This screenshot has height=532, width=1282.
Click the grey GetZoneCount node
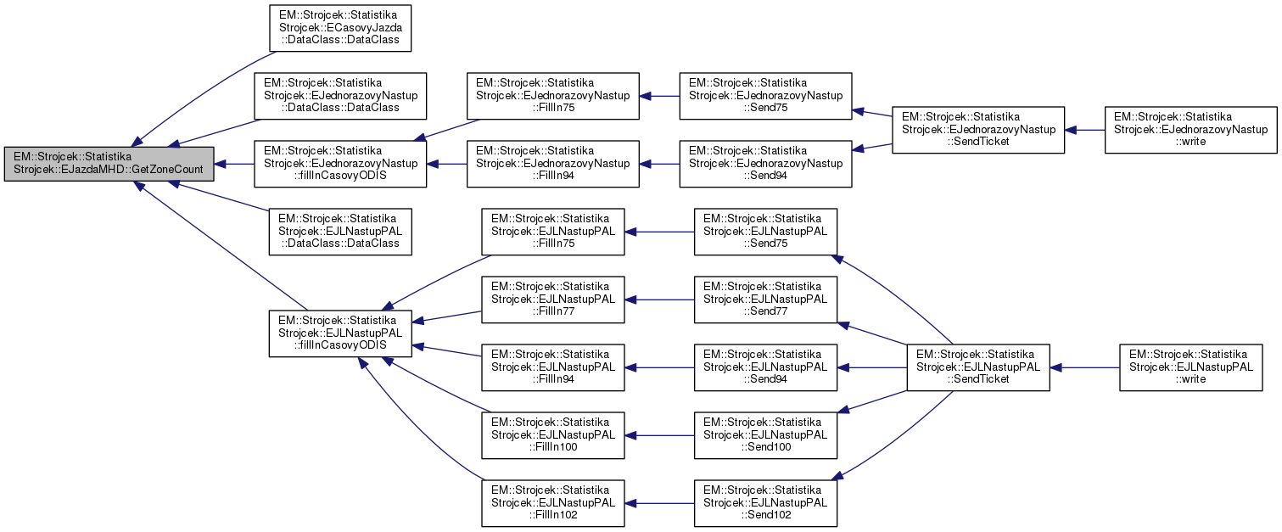click(x=109, y=164)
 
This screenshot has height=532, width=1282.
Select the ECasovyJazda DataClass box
click(x=339, y=28)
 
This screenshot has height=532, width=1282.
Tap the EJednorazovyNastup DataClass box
click(x=341, y=96)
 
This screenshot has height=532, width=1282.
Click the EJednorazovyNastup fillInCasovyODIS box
click(x=341, y=164)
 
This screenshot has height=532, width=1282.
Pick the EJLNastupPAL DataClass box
click(x=339, y=232)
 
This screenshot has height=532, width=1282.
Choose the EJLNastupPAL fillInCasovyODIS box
click(x=341, y=333)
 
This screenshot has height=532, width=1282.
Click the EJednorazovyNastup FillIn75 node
click(x=553, y=96)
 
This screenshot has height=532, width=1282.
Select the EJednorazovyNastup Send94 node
click(x=766, y=164)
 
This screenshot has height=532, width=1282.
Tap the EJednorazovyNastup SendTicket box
click(x=978, y=130)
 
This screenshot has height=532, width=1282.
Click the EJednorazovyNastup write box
click(x=1190, y=130)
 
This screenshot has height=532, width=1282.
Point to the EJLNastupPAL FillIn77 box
click(x=553, y=300)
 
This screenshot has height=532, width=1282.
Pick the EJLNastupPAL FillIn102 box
click(x=553, y=503)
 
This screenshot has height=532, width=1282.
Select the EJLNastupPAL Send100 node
click(x=765, y=435)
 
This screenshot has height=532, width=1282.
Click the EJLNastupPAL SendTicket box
click(x=978, y=367)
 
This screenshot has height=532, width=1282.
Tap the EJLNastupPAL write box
click(x=1190, y=367)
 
